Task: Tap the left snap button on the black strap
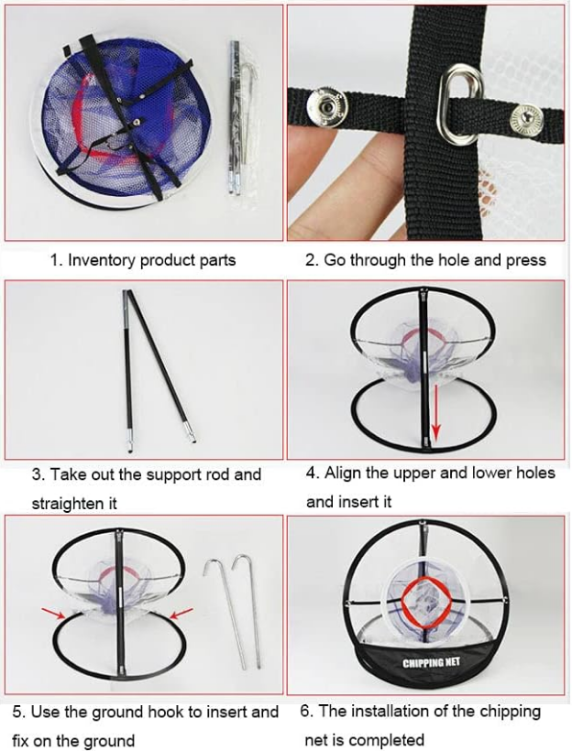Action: tap(325, 103)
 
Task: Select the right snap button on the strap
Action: tap(526, 119)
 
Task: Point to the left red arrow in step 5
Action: tap(53, 613)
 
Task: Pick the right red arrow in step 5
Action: tap(181, 613)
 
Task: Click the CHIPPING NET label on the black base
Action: tap(431, 663)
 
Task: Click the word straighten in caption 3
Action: tap(74, 504)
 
